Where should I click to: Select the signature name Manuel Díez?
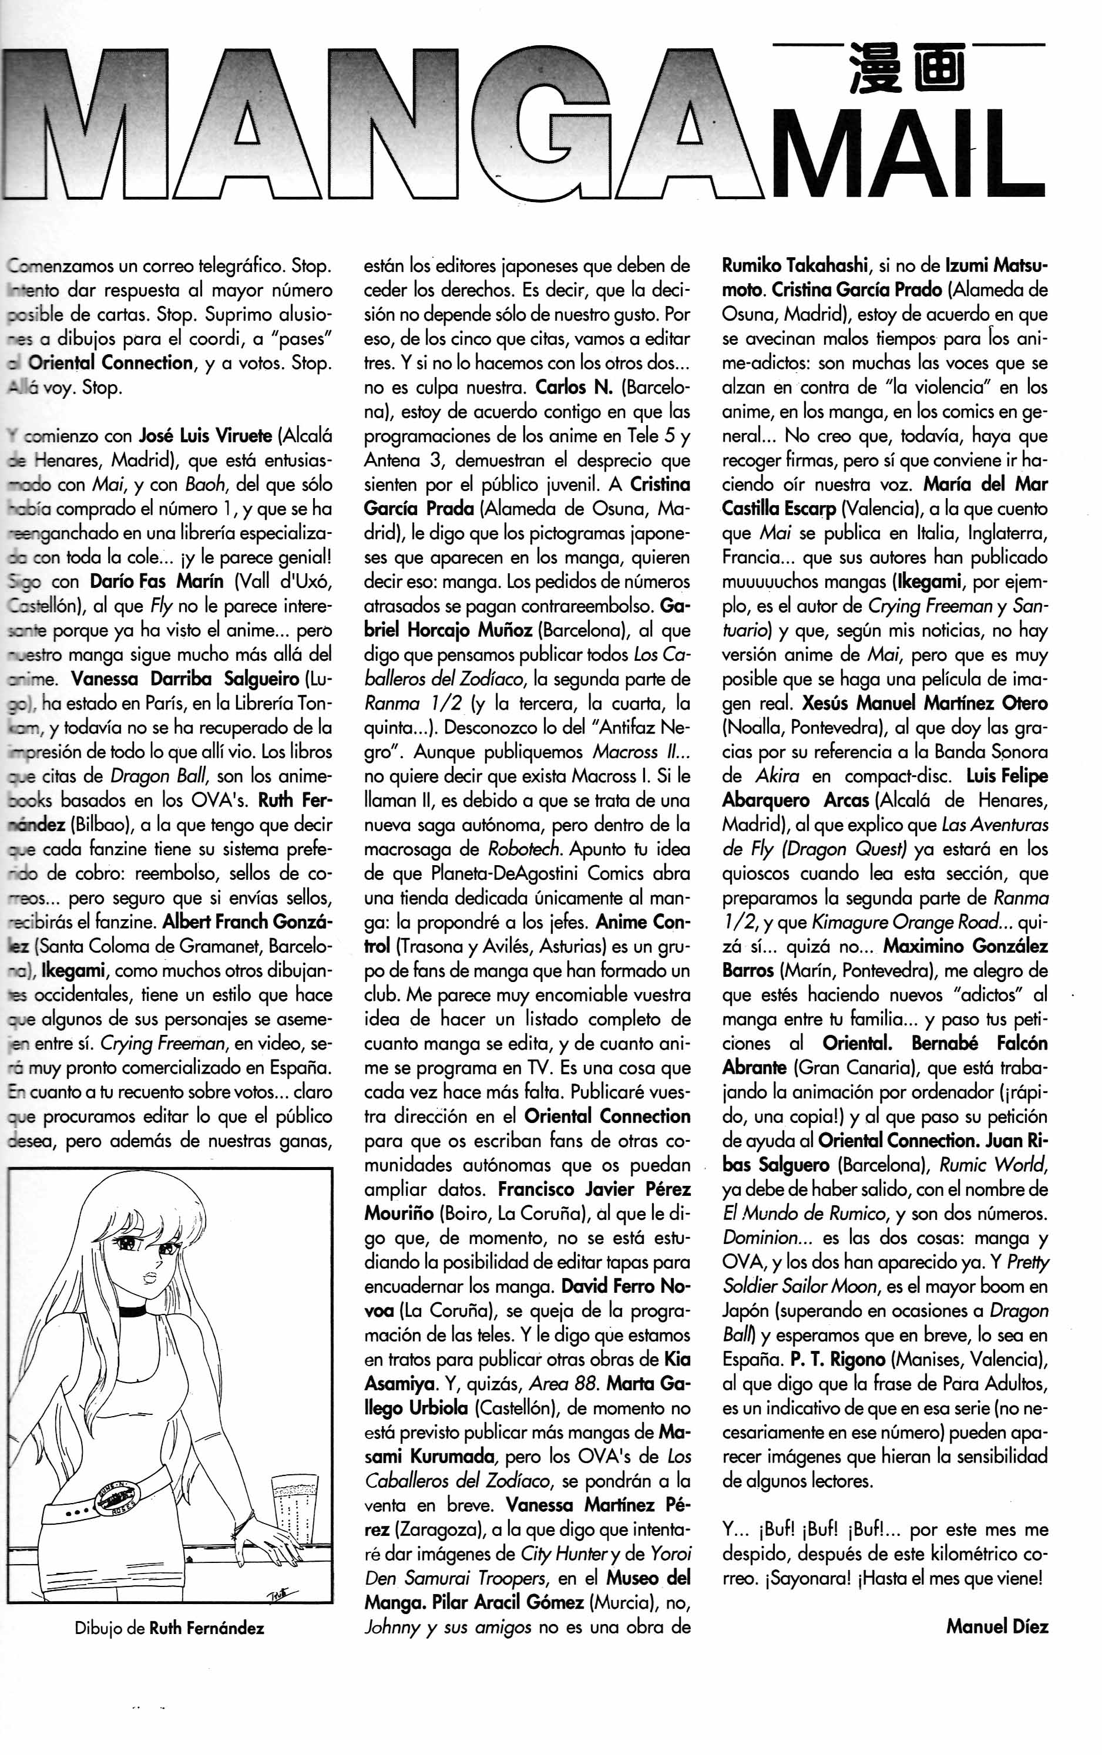pyautogui.click(x=996, y=1625)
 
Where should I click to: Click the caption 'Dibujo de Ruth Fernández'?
pyautogui.click(x=169, y=1628)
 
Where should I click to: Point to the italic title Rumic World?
pyautogui.click(x=993, y=1164)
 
